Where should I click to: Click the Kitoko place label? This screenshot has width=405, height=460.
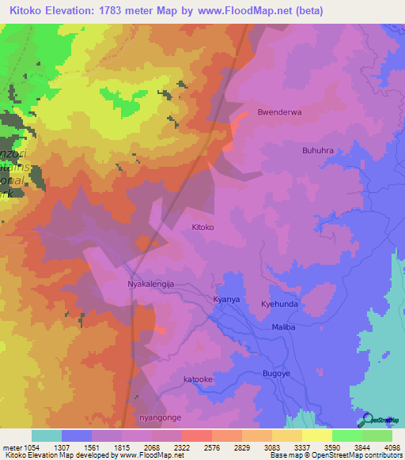pos(203,227)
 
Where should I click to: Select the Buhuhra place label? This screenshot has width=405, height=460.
pos(318,149)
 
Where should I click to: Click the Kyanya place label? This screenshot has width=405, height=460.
pos(226,301)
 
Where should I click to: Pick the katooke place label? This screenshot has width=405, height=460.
pos(199,379)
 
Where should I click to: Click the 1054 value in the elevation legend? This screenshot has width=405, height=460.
pos(32,447)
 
